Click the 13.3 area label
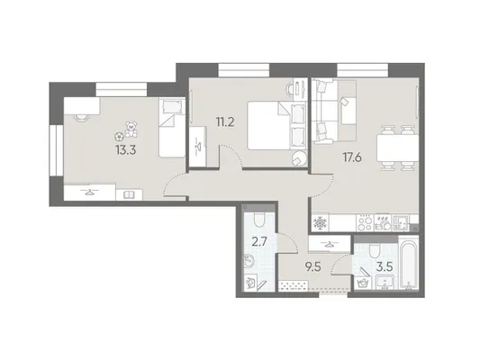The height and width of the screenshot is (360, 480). pyautogui.click(x=125, y=150)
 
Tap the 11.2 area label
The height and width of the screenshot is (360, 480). pyautogui.click(x=225, y=122)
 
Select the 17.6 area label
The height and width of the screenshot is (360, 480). pyautogui.click(x=352, y=157)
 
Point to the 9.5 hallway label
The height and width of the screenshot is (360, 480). pyautogui.click(x=312, y=267)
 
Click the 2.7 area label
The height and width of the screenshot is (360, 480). pyautogui.click(x=260, y=241)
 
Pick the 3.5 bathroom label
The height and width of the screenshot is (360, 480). pyautogui.click(x=385, y=267)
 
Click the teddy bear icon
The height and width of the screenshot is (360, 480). pyautogui.click(x=131, y=129)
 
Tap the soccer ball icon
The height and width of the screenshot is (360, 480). pyautogui.click(x=119, y=136)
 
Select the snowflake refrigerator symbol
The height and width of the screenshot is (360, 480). pyautogui.click(x=321, y=223)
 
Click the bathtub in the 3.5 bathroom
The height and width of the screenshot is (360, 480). pyautogui.click(x=409, y=264)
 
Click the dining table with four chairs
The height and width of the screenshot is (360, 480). pyautogui.click(x=397, y=148)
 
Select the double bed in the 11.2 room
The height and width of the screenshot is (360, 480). pyautogui.click(x=276, y=125)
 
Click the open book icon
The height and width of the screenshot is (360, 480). pyautogui.click(x=129, y=194)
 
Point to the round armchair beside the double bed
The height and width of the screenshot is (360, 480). pyautogui.click(x=299, y=158)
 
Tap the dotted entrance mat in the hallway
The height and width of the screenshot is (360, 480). pyautogui.click(x=293, y=285)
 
